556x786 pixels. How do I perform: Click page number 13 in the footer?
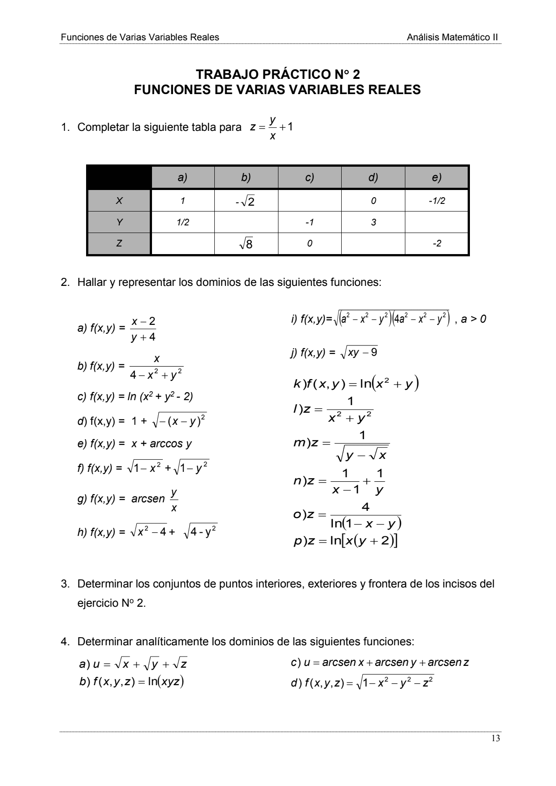(495, 739)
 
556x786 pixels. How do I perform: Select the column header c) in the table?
(309, 177)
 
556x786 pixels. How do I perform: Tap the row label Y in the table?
(119, 222)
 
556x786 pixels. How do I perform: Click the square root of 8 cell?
(246, 244)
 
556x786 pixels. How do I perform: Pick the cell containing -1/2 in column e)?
(437, 201)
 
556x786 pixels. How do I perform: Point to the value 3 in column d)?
(373, 222)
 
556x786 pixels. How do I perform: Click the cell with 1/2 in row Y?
(182, 222)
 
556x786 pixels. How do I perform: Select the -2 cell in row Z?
(437, 244)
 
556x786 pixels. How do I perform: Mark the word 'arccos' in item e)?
(166, 444)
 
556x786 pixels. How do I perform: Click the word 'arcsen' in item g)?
(148, 499)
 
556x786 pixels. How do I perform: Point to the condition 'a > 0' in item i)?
(473, 319)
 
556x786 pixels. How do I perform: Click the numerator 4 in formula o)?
(365, 507)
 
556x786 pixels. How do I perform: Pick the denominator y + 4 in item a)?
(143, 337)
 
